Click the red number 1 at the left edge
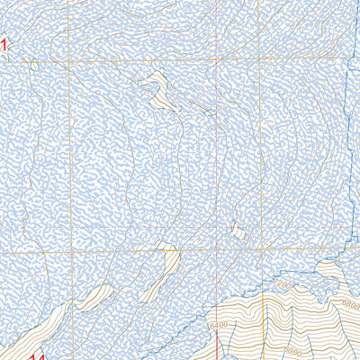pos(4,43)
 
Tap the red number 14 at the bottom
pos(37,358)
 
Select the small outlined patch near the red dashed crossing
pos(238,231)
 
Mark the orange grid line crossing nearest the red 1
pos(68,60)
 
